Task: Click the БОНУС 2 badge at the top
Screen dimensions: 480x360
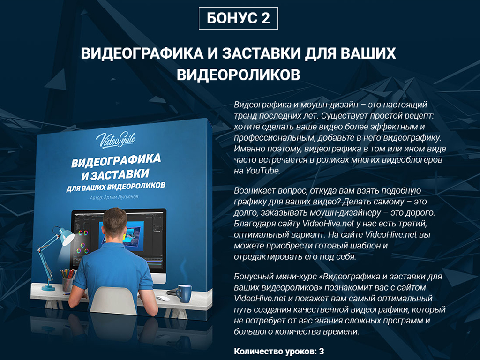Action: click(238, 18)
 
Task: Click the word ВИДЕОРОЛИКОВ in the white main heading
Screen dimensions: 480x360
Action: click(238, 75)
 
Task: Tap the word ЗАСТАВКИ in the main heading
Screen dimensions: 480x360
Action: click(261, 53)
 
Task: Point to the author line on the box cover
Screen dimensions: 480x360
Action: click(114, 197)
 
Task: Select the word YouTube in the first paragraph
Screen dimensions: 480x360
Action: click(262, 171)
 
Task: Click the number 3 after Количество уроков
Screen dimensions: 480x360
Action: click(321, 351)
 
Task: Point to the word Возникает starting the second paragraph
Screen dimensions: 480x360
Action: click(255, 190)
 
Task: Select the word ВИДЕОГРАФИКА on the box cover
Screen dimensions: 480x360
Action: click(116, 160)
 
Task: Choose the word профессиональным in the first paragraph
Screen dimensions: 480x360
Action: click(274, 138)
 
